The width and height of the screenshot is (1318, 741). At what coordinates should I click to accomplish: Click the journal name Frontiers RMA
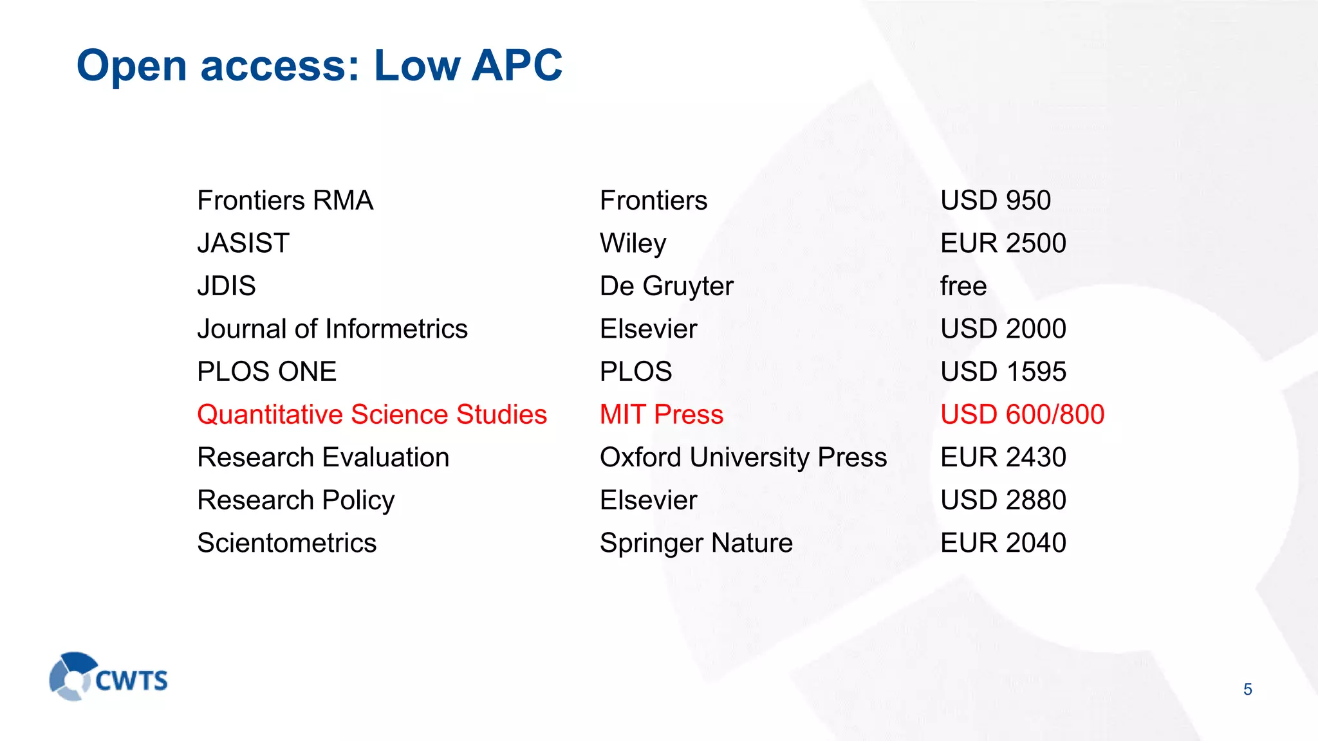(285, 201)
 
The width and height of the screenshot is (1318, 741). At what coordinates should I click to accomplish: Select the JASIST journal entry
(243, 243)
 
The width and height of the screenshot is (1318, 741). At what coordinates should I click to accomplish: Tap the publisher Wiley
(633, 244)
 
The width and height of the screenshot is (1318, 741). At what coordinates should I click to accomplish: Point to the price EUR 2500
(1003, 243)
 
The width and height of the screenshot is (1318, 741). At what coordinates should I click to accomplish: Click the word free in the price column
(963, 286)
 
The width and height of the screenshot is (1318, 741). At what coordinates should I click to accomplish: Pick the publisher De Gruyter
(666, 286)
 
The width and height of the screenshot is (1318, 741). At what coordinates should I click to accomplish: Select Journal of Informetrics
(332, 329)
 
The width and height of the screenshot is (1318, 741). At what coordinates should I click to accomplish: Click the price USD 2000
(1003, 329)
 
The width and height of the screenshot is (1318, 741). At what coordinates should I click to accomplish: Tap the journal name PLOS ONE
(266, 372)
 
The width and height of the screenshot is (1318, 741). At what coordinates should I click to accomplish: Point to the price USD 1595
(1003, 372)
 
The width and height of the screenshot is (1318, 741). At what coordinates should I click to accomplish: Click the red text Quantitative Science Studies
(372, 415)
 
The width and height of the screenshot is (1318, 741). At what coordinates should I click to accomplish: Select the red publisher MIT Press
(661, 415)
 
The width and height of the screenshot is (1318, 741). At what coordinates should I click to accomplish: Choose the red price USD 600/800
(1022, 415)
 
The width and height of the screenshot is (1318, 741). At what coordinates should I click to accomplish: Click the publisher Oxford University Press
(743, 458)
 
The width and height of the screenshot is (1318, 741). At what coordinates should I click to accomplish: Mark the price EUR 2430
(1003, 458)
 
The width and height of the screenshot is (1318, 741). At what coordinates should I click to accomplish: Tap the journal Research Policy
(295, 500)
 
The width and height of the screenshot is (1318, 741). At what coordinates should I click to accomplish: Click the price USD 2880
(1003, 500)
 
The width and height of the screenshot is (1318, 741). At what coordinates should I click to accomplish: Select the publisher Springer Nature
(696, 544)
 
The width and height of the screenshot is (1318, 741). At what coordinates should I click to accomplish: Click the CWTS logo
(108, 677)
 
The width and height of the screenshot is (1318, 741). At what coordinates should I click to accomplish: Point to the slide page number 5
(1247, 690)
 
